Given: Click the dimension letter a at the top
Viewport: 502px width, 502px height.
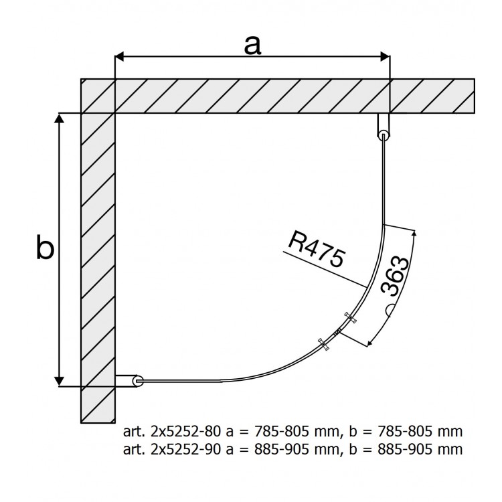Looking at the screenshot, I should tap(252, 46).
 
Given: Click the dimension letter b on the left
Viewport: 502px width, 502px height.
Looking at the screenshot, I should tap(45, 248).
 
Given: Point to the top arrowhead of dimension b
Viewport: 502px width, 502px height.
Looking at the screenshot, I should tap(60, 118).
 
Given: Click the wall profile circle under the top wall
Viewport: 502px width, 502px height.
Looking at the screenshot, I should tap(384, 135).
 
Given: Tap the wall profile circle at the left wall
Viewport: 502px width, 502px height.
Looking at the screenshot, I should tap(138, 381).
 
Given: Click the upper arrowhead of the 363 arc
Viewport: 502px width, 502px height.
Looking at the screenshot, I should tap(414, 234).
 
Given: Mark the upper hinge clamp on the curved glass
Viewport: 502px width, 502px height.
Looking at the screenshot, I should tap(349, 317).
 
